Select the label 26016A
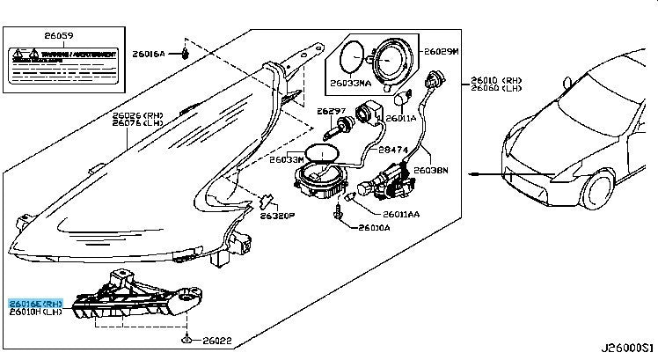coord(149,54)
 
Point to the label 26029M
coord(441,53)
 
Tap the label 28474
coord(394,151)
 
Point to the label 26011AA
coord(401,214)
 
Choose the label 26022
coord(216,341)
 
